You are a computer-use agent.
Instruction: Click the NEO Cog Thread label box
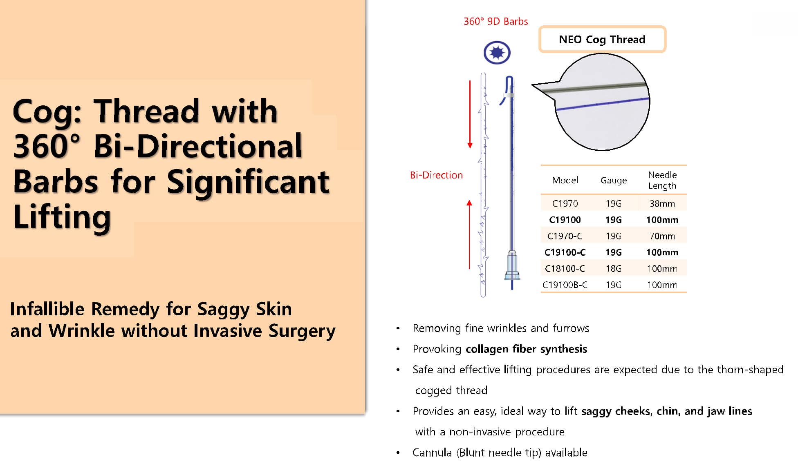602,40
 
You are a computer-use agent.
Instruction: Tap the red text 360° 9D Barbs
495,22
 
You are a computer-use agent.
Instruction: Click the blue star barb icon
497,53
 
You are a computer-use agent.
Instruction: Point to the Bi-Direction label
436,175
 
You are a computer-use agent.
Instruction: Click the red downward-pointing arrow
470,114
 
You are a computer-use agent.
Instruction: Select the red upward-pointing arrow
469,234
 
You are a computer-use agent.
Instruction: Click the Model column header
565,180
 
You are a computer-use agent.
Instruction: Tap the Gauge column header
613,180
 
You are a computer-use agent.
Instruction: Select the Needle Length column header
662,180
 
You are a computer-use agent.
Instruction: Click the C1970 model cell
565,203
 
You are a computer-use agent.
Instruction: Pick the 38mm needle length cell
662,203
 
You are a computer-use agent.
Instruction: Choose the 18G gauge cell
613,269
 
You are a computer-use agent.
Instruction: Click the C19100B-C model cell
565,285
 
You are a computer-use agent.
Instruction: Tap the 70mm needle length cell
662,236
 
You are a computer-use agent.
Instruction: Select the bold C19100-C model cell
565,252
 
